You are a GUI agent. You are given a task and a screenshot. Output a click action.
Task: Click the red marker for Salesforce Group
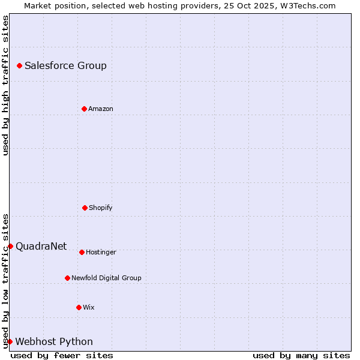19,65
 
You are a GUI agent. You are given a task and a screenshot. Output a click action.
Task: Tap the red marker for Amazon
84,109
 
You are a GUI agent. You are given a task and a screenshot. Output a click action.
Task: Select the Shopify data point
85,208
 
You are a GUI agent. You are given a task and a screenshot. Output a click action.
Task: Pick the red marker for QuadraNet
10,246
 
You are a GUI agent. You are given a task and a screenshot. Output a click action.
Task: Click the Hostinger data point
82,252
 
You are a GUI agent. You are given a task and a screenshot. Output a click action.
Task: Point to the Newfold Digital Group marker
67,278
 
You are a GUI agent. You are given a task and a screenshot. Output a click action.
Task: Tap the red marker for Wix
79,307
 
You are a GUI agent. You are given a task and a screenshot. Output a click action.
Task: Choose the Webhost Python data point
10,341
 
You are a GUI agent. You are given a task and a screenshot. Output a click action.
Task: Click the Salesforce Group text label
65,65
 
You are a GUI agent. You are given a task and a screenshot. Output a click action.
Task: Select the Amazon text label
101,109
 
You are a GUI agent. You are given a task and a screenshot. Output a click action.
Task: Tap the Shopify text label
101,208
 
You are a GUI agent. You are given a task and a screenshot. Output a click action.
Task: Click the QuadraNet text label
41,246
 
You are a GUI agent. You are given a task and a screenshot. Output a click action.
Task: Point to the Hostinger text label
101,252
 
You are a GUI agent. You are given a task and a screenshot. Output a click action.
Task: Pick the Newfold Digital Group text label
106,278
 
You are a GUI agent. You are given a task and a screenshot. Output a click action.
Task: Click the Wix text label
89,307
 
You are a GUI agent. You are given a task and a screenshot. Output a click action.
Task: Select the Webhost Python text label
54,341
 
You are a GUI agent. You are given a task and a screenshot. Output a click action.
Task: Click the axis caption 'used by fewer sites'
62,355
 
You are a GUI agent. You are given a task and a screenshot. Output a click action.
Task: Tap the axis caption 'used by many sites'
301,355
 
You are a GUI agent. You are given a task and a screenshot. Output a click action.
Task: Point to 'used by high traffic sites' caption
5,85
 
